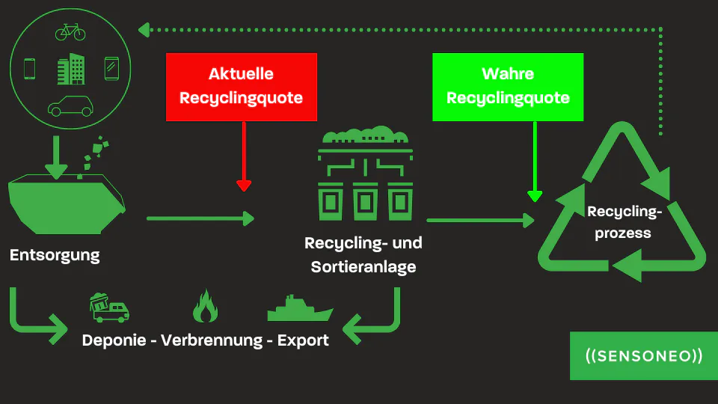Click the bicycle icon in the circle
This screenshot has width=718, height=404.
[x=70, y=32]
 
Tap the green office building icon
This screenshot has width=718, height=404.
[x=71, y=69]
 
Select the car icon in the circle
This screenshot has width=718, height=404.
[x=70, y=106]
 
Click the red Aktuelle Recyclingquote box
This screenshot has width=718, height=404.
[x=242, y=87]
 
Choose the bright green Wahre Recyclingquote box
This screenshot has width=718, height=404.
[x=508, y=87]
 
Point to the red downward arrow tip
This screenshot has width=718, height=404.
[x=244, y=191]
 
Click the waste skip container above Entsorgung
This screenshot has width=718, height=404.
[x=67, y=203]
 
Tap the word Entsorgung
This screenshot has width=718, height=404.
[x=55, y=256]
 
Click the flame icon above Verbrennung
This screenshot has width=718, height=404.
[x=205, y=306]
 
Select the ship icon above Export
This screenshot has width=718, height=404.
[x=300, y=308]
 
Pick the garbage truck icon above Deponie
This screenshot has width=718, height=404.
[x=109, y=307]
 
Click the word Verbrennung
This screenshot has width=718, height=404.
[x=212, y=340]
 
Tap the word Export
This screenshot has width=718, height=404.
[x=303, y=341]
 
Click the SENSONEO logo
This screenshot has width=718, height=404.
[x=644, y=356]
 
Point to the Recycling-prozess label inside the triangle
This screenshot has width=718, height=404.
[x=624, y=222]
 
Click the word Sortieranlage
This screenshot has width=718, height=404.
[x=363, y=266]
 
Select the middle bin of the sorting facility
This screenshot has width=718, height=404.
[x=365, y=201]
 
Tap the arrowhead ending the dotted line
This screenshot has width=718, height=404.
[x=144, y=30]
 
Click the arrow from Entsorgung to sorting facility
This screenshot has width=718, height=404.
[x=200, y=218]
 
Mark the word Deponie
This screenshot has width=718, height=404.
[x=114, y=341]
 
